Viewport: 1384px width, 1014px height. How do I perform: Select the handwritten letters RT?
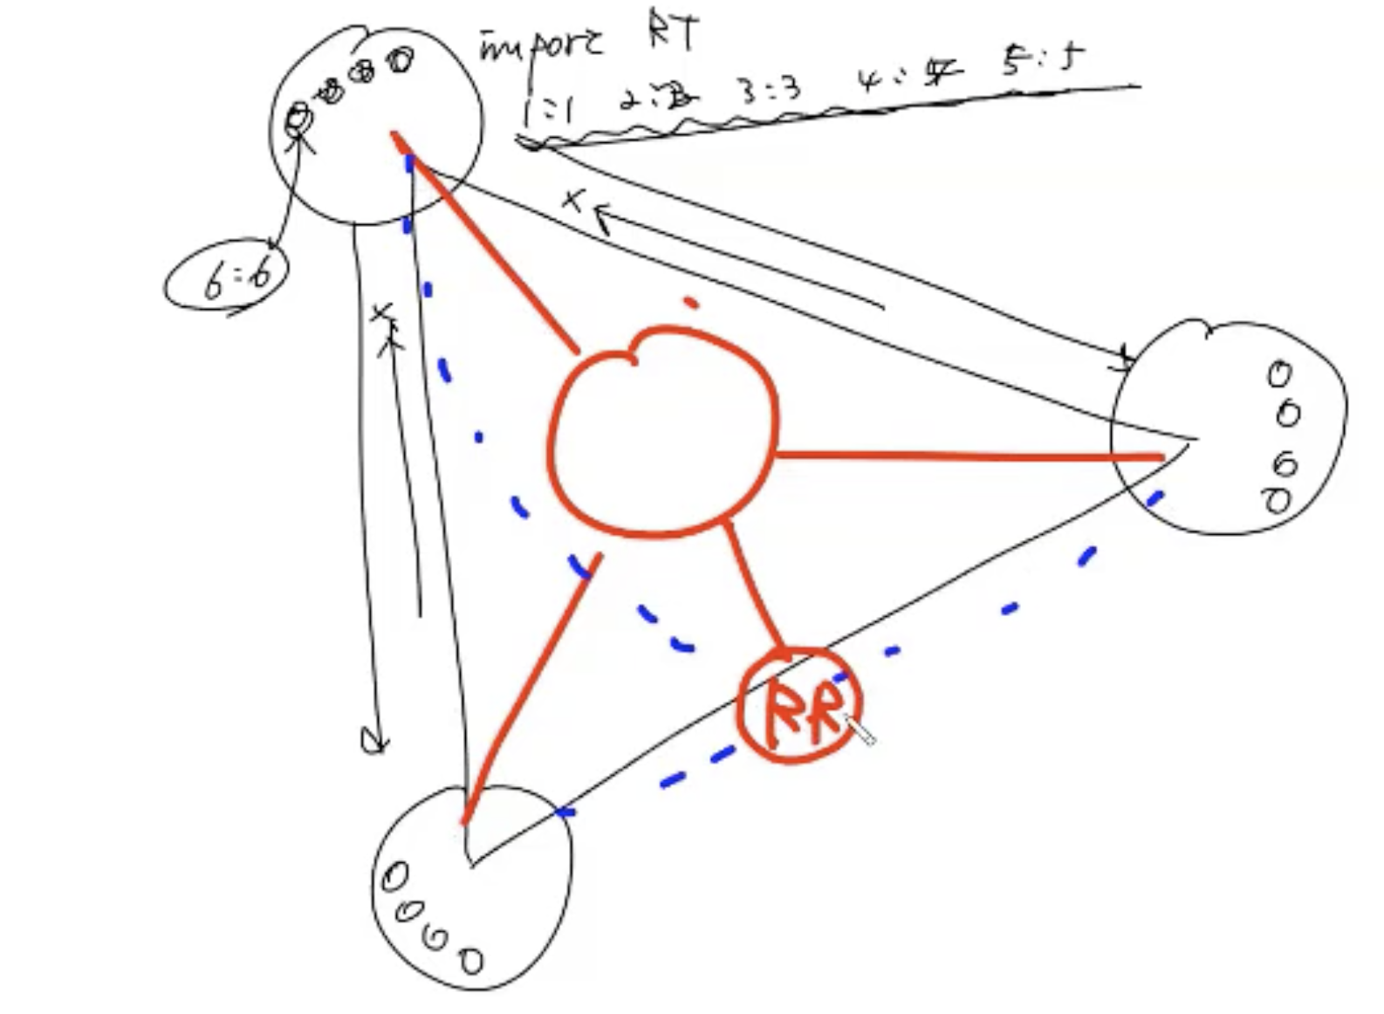[x=672, y=35]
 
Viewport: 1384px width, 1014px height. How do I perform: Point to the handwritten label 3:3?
[x=771, y=90]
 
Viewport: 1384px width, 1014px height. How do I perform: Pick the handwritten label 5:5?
[x=1041, y=61]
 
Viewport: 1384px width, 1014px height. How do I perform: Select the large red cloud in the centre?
[x=663, y=432]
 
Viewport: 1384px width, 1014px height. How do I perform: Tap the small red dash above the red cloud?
[x=691, y=303]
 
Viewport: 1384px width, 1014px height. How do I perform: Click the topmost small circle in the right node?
[x=1279, y=373]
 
